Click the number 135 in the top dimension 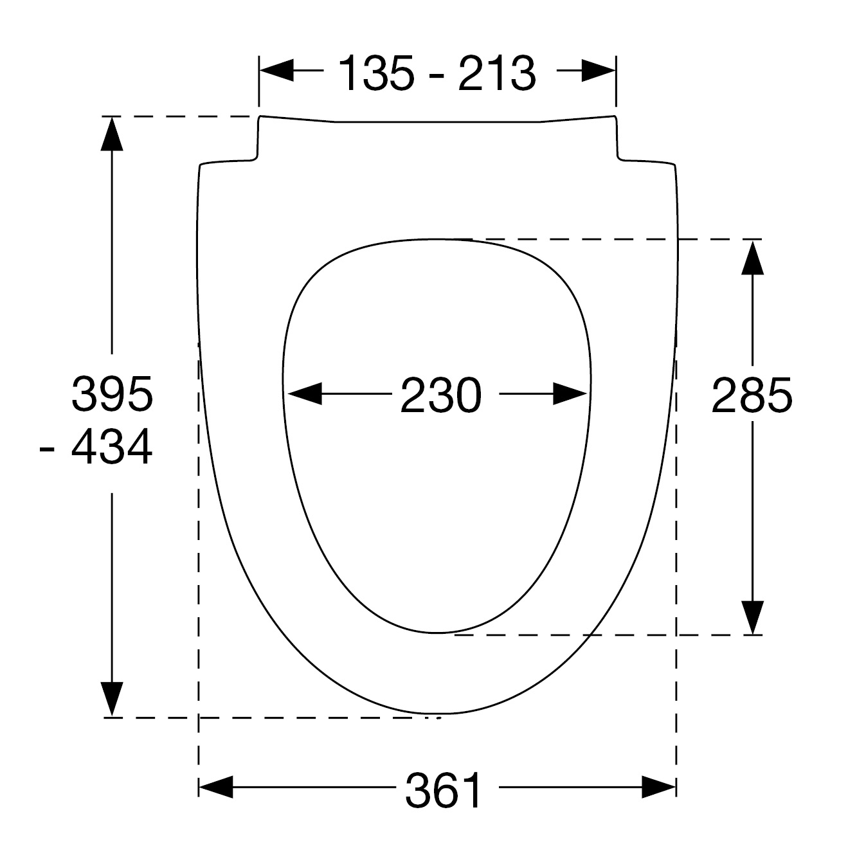pos(377,73)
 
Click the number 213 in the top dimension pos(497,73)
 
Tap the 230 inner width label pos(441,395)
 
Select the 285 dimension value pos(752,395)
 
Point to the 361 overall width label pos(443,789)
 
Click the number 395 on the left pos(112,393)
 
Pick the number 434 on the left pos(112,447)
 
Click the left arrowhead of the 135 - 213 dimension pos(276,70)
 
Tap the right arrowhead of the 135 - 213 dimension pos(599,70)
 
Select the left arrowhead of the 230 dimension pos(305,393)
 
